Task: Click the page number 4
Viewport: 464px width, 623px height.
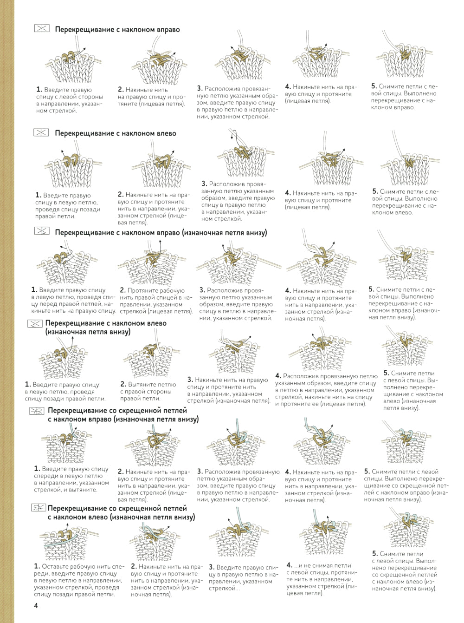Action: coord(36,605)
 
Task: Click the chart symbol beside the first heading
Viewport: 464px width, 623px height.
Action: coord(42,29)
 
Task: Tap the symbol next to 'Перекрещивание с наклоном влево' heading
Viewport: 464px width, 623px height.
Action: coord(41,132)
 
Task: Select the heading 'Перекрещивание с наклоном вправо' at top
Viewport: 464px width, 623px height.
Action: coord(117,29)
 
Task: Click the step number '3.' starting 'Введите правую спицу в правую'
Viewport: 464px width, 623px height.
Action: coord(212,567)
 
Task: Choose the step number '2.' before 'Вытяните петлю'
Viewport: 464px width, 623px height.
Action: coord(123,384)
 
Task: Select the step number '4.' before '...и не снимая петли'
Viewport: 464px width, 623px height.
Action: coord(289,565)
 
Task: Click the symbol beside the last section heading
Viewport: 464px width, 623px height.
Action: coord(39,508)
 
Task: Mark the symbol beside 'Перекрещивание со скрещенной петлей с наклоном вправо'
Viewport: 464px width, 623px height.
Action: coord(37,411)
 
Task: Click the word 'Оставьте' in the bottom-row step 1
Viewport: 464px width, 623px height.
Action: coord(55,566)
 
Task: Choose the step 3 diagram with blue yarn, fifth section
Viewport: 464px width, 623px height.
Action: coord(238,446)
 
